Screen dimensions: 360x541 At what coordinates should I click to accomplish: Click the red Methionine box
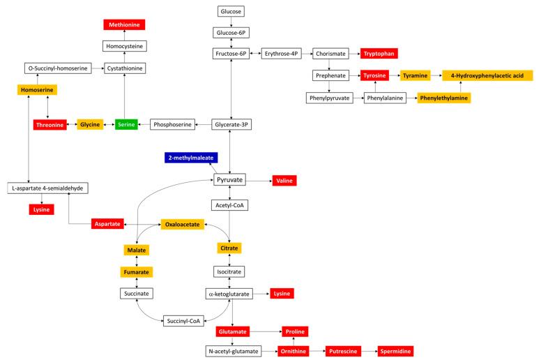pyautogui.click(x=124, y=25)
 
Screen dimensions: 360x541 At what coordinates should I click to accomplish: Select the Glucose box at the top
pyautogui.click(x=230, y=12)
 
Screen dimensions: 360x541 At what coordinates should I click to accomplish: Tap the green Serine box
pyautogui.click(x=126, y=124)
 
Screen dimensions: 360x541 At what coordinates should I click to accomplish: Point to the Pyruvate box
pyautogui.click(x=230, y=180)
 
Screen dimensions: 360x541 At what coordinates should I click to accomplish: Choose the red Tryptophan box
pyautogui.click(x=379, y=53)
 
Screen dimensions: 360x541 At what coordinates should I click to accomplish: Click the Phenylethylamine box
pyautogui.click(x=443, y=98)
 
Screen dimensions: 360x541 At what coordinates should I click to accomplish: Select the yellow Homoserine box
pyautogui.click(x=37, y=90)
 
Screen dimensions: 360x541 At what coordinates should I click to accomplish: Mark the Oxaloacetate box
pyautogui.click(x=182, y=225)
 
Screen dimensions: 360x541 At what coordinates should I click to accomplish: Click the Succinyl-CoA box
pyautogui.click(x=183, y=320)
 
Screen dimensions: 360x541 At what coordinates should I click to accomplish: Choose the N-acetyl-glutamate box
pyautogui.click(x=233, y=351)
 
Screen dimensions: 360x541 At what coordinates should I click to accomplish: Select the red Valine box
pyautogui.click(x=284, y=181)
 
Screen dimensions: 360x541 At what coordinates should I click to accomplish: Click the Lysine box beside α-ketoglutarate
pyautogui.click(x=282, y=294)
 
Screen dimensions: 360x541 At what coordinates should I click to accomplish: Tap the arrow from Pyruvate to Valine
pyautogui.click(x=259, y=181)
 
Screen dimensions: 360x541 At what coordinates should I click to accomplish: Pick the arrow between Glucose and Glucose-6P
pyautogui.click(x=230, y=22)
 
